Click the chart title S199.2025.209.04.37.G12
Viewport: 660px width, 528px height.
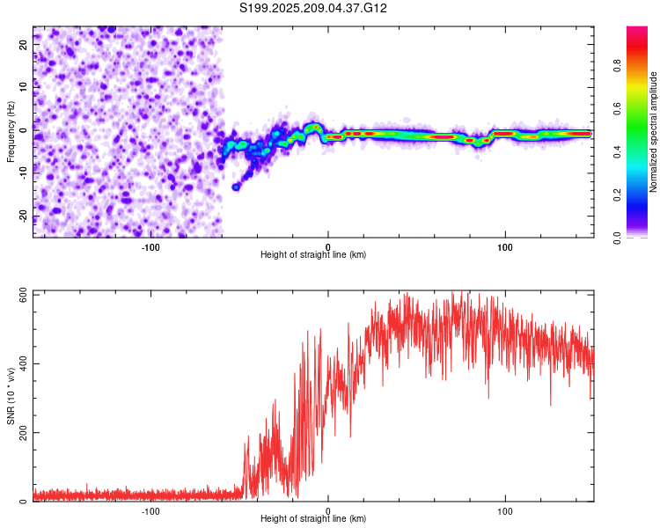[x=312, y=8]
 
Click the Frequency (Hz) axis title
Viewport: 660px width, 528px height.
[x=11, y=132]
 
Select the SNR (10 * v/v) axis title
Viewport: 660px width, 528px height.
[x=11, y=396]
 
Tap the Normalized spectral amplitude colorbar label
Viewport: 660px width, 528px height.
[x=653, y=132]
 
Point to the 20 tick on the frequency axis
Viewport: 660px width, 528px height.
[x=23, y=44]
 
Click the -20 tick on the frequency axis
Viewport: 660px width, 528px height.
[x=23, y=216]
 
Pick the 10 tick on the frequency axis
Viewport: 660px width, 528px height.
[x=23, y=87]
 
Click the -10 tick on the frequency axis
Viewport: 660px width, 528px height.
[x=23, y=173]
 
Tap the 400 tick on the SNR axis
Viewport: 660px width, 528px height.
[x=23, y=363]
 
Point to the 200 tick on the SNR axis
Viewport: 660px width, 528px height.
[x=23, y=432]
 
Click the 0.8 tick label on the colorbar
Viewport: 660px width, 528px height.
[x=617, y=66]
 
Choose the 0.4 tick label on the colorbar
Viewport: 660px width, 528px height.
[x=617, y=152]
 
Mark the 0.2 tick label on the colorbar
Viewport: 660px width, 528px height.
[x=617, y=195]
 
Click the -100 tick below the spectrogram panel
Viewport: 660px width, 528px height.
[x=150, y=247]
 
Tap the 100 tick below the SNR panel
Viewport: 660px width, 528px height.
[x=505, y=511]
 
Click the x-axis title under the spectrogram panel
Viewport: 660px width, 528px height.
[x=313, y=254]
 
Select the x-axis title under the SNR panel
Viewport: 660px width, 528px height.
[x=313, y=518]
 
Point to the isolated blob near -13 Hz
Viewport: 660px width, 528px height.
[x=236, y=187]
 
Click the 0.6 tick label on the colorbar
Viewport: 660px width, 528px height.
[x=617, y=108]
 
